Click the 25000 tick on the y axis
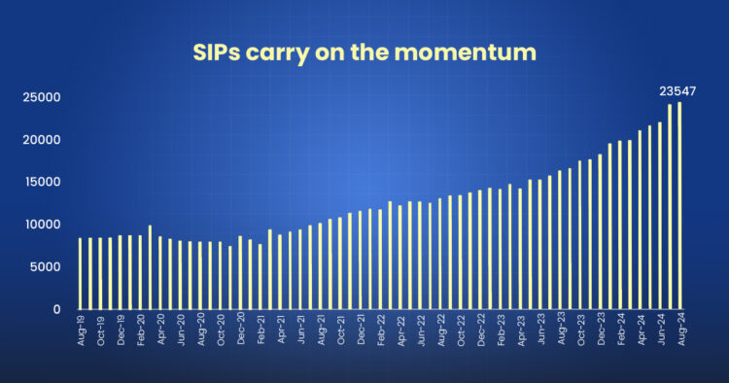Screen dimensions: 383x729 (43, 97)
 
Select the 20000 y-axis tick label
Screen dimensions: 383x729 (43, 140)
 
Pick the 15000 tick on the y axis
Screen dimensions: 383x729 (43, 182)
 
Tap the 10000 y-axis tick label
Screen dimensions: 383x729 (43, 225)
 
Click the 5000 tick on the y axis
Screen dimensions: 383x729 (47, 266)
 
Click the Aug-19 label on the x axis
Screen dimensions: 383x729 (81, 331)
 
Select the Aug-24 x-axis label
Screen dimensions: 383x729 (679, 331)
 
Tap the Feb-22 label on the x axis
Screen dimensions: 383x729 (380, 331)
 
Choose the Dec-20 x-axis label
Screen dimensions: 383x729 (240, 331)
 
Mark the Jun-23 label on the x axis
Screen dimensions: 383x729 (539, 331)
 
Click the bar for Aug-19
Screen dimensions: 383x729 (81, 273)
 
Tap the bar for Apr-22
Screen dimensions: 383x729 (400, 257)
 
